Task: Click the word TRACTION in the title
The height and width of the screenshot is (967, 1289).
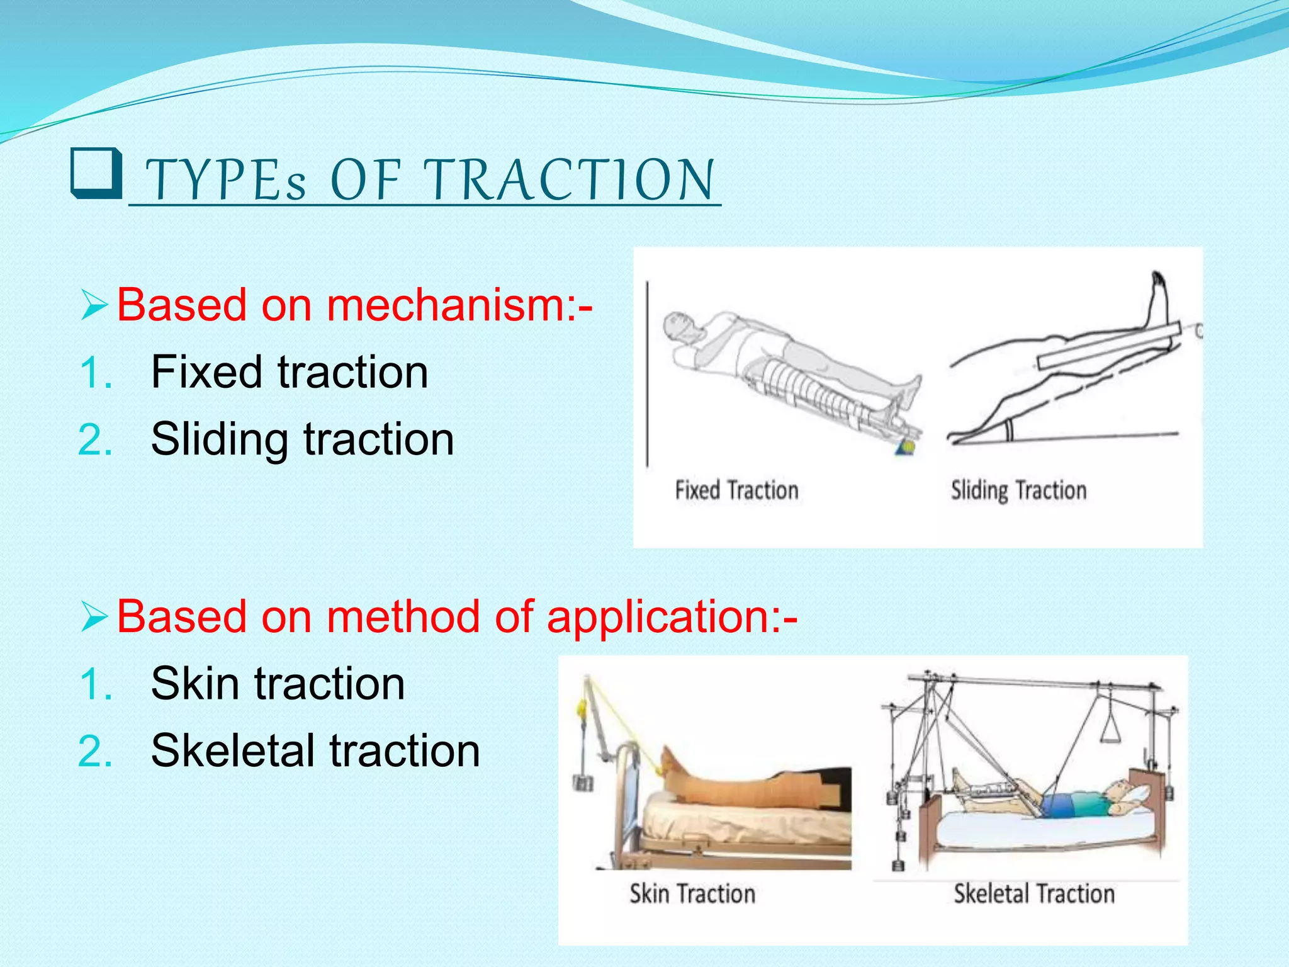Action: (570, 181)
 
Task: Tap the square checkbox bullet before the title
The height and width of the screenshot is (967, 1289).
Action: (96, 174)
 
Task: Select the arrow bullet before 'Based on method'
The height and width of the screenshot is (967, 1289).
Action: (94, 616)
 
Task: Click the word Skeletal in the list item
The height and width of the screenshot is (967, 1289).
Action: (233, 750)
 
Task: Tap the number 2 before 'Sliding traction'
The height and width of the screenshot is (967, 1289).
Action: (96, 439)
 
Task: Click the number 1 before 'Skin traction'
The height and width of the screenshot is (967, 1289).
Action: (96, 684)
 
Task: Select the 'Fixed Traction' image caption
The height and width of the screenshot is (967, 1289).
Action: (736, 490)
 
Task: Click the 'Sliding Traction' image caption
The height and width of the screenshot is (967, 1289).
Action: (1018, 490)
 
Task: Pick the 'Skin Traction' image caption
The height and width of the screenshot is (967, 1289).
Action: (692, 893)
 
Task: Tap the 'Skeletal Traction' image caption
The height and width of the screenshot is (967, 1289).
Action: (1033, 893)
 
